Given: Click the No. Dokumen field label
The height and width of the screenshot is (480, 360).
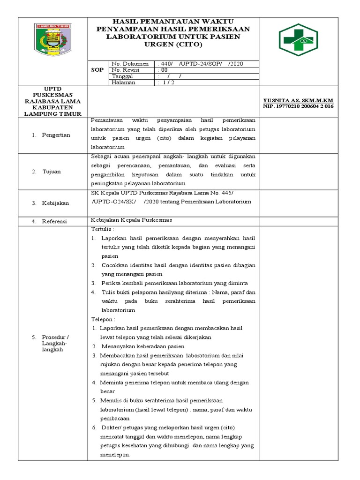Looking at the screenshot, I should (x=130, y=64).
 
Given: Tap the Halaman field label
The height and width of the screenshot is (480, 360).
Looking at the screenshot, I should (x=123, y=82).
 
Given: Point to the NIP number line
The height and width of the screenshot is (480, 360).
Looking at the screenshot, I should (x=298, y=106).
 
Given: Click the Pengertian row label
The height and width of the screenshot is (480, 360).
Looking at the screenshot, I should (x=57, y=135).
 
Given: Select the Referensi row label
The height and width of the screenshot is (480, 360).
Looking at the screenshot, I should (x=55, y=221).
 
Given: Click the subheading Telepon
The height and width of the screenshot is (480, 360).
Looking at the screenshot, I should (x=104, y=319).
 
